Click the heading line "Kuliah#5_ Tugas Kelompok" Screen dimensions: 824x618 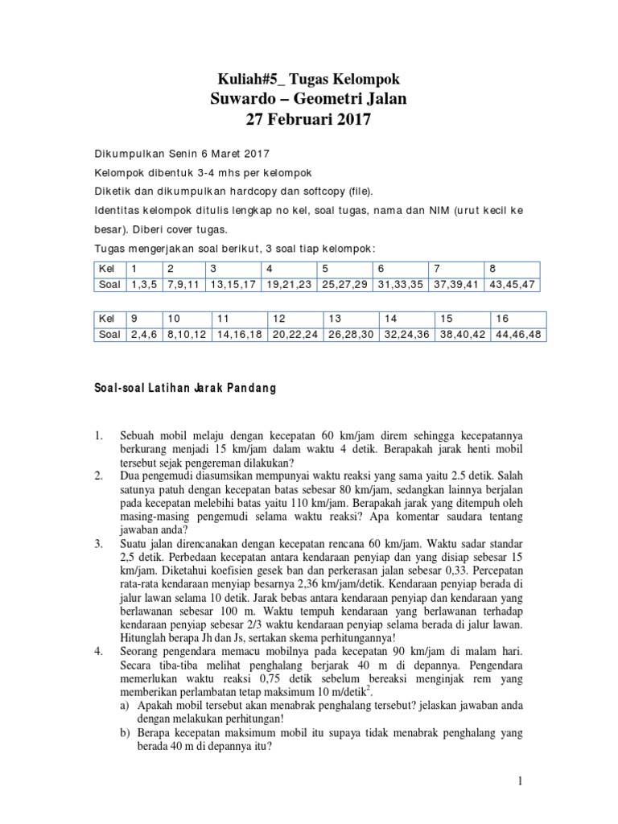pyautogui.click(x=309, y=78)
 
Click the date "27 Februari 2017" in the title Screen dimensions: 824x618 pyautogui.click(x=309, y=120)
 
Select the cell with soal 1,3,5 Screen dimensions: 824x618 pyautogui.click(x=141, y=284)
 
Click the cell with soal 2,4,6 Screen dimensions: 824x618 pyautogui.click(x=141, y=334)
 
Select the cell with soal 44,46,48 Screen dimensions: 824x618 pyautogui.click(x=517, y=334)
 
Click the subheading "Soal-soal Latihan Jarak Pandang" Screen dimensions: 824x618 pyautogui.click(x=185, y=388)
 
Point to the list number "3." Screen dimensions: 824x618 pyautogui.click(x=101, y=545)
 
